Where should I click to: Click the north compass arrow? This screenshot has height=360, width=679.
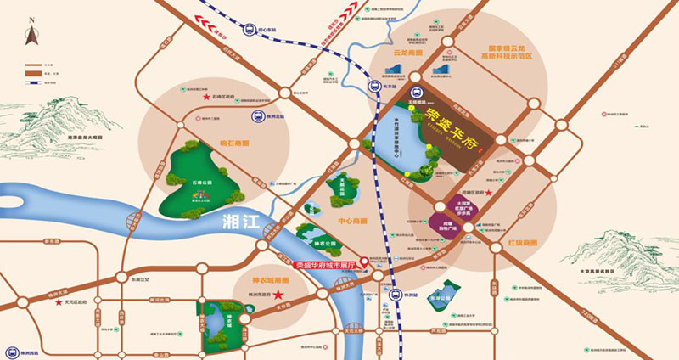tap(29, 35)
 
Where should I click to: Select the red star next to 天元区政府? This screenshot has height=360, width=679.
tap(59, 301)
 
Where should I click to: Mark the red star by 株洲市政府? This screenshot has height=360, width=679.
tap(289, 297)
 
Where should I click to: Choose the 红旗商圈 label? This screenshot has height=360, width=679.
tap(524, 243)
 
